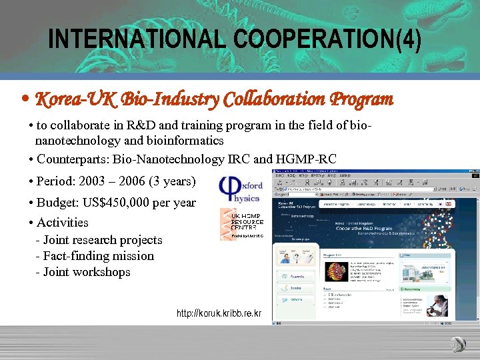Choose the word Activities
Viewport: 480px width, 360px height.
63,222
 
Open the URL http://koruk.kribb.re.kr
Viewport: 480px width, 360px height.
219,313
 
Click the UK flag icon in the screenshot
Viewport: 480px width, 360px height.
449,204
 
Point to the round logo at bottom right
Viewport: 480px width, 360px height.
457,344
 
